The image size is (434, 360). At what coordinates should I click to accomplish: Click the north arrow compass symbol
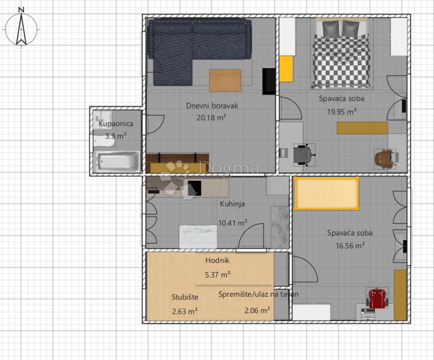click(21, 29)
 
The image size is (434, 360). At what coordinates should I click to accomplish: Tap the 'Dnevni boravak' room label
click(212, 106)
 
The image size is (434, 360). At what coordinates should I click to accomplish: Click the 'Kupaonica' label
click(116, 124)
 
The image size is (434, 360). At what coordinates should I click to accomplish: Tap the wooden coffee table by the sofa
click(225, 80)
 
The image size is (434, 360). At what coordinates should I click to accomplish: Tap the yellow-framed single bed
click(326, 194)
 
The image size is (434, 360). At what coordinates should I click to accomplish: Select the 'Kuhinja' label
click(232, 204)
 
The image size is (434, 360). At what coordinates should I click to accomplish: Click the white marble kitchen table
click(198, 236)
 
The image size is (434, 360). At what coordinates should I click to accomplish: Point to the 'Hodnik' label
click(217, 260)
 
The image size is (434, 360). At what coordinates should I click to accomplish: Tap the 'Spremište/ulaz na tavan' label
click(258, 294)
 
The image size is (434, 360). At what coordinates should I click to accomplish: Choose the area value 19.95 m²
click(341, 111)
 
